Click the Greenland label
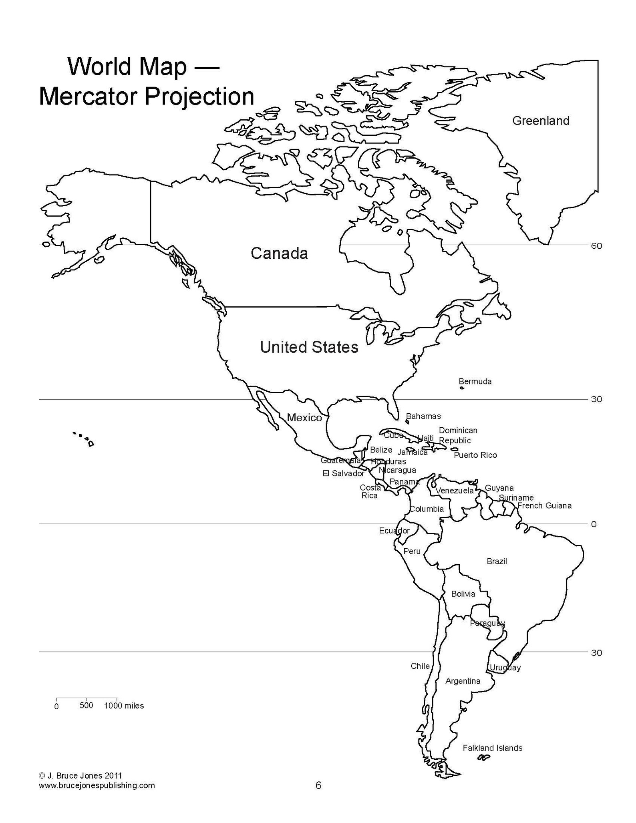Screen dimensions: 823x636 coord(541,121)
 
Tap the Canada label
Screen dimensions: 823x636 coord(279,253)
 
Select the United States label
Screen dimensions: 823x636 coord(309,347)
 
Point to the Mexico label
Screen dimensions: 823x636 coord(304,418)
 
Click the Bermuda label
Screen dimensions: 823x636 coord(475,381)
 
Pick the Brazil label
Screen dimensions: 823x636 coord(497,561)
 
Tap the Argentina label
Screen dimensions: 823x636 coord(463,681)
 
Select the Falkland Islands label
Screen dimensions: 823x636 coord(493,748)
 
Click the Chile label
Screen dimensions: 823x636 coord(420,666)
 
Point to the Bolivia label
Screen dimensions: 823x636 coord(463,594)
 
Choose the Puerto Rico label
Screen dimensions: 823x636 coord(475,455)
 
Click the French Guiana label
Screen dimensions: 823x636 coord(544,505)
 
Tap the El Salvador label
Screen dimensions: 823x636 coord(343,473)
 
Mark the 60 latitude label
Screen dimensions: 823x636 coord(596,245)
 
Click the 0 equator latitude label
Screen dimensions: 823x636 coord(594,524)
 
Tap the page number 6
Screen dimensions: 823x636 coord(318,785)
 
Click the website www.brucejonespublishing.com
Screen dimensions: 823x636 coord(97,785)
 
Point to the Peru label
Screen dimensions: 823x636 coord(412,551)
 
